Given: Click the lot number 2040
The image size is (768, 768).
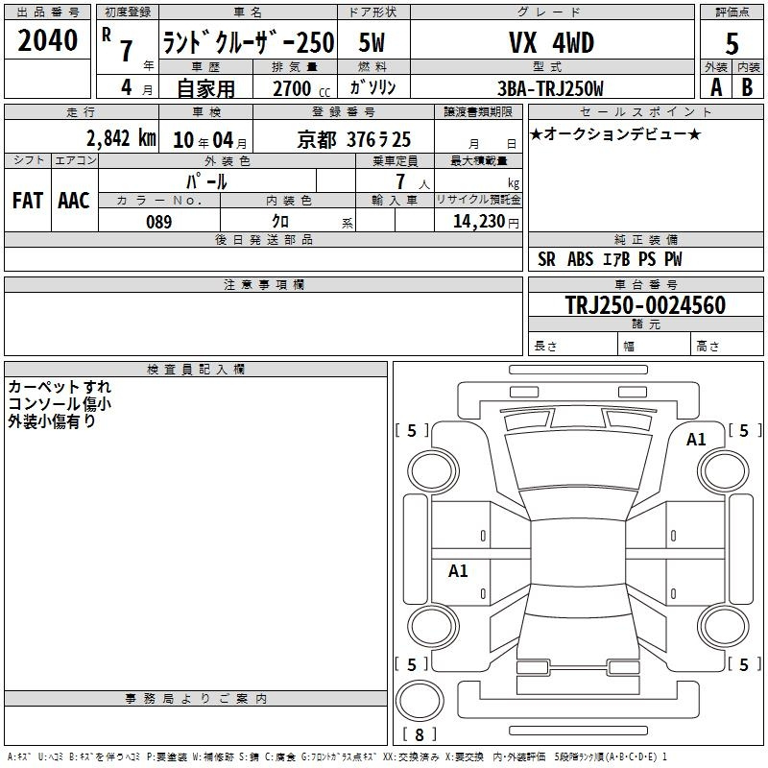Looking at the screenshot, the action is click(x=47, y=40).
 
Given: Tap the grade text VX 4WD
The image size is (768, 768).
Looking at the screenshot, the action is click(x=551, y=42).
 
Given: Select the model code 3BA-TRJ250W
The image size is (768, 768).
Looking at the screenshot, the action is click(x=550, y=88).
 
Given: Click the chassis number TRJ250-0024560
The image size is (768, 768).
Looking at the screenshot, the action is click(x=645, y=305).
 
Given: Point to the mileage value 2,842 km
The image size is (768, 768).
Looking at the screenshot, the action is click(x=121, y=138).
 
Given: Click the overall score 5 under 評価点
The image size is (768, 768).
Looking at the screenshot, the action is click(x=732, y=44).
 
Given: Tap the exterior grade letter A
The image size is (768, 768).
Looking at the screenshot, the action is click(x=716, y=87).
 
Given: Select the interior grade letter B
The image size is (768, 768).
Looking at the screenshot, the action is click(x=747, y=87).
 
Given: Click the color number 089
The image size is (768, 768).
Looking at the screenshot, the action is click(x=159, y=222).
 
